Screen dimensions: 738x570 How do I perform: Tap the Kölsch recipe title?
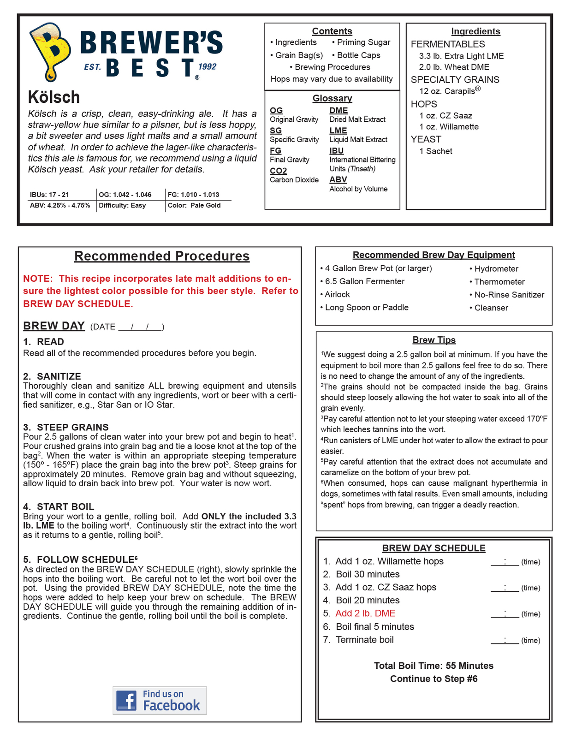pos(54,97)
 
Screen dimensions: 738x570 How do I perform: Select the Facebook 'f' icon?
pos(126,700)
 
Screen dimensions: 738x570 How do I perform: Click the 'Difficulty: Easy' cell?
pos(122,206)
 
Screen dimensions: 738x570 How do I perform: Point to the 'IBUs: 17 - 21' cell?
pos(49,195)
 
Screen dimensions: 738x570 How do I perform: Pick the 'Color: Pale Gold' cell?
pos(194,206)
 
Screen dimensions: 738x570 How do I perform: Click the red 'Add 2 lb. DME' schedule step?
pos(365,613)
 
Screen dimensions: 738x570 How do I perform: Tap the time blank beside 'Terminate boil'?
pos(505,640)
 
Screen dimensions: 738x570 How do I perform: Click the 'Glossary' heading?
pos(332,98)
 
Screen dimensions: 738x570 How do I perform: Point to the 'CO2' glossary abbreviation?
pos(279,171)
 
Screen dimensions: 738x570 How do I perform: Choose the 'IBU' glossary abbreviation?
pos(337,151)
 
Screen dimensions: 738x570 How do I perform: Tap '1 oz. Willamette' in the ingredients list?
pos(449,127)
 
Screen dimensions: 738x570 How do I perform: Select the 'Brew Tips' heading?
pos(434,340)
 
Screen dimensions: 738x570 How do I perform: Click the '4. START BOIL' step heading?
pos(59,506)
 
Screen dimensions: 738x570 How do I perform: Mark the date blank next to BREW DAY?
pos(140,327)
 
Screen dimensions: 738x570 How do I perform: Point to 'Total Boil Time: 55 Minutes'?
pos(433,666)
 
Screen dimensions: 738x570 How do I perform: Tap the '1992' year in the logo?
pos(207,67)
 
